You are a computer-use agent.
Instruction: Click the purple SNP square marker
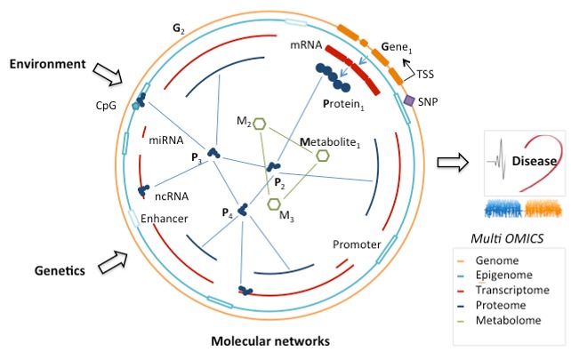point(409,102)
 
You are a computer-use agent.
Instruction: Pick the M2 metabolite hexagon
point(260,125)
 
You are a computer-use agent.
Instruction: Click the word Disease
point(533,162)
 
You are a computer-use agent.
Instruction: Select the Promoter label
point(356,244)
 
